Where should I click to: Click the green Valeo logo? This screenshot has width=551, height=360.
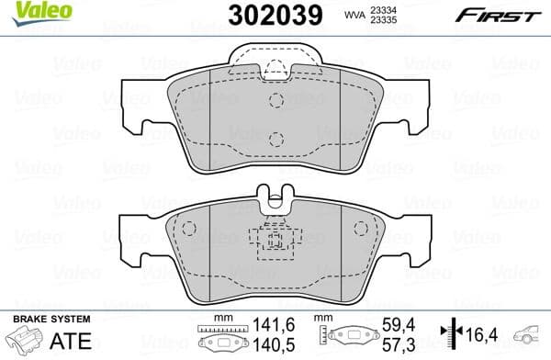29,10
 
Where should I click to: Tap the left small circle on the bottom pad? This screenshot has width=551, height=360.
189,229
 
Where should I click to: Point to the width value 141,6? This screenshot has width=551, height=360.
275,324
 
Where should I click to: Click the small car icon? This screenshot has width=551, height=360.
531,334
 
